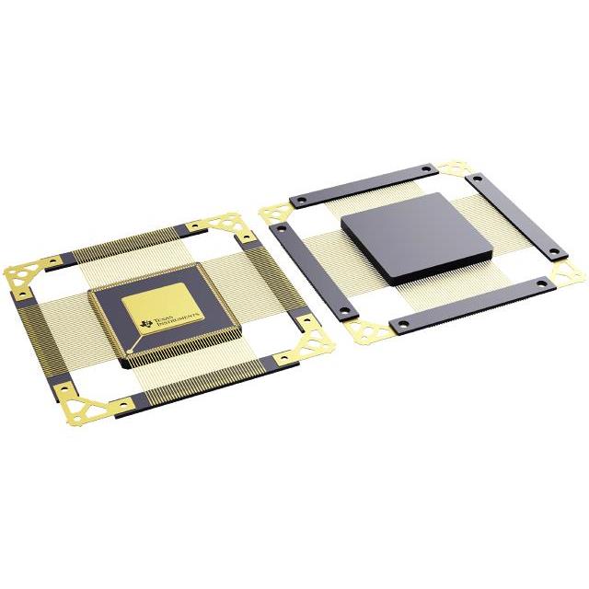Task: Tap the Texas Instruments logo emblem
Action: (145, 321)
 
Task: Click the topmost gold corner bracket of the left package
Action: (221, 225)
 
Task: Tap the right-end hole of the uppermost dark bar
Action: (424, 169)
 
